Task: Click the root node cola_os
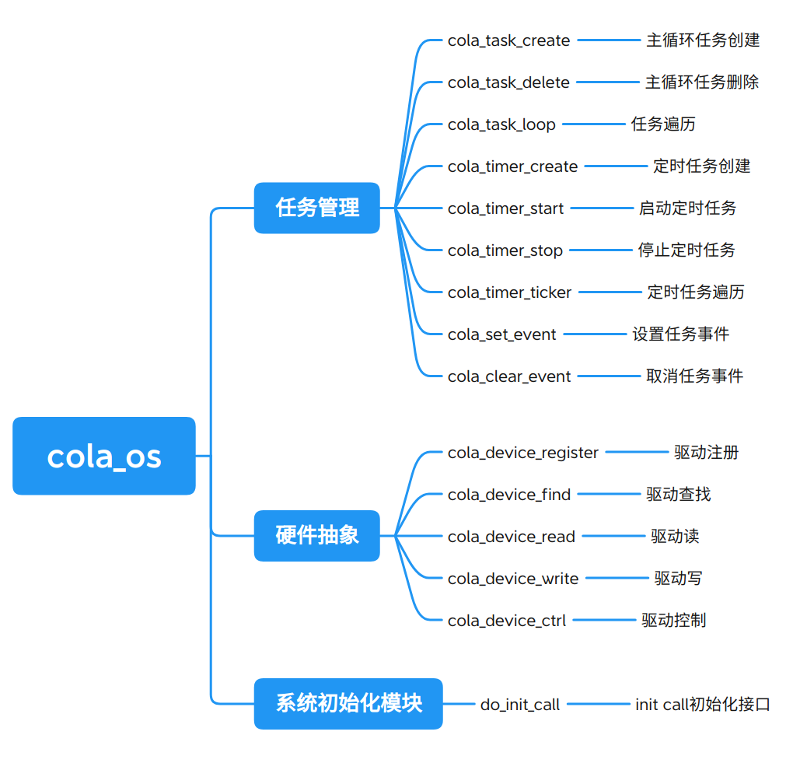pyautogui.click(x=104, y=456)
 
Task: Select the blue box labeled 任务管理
pyautogui.click(x=316, y=208)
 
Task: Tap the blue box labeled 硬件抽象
pyautogui.click(x=316, y=536)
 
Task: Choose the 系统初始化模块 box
pyautogui.click(x=348, y=704)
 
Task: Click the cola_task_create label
pyautogui.click(x=508, y=40)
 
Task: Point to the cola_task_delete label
pyautogui.click(x=508, y=82)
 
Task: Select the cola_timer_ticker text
pyautogui.click(x=509, y=292)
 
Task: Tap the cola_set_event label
pyautogui.click(x=501, y=334)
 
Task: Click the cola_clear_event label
pyautogui.click(x=509, y=376)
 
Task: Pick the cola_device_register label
pyautogui.click(x=523, y=453)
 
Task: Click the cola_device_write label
pyautogui.click(x=513, y=579)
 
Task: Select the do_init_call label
pyautogui.click(x=519, y=705)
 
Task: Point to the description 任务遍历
pyautogui.click(x=663, y=124)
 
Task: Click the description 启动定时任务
pyautogui.click(x=687, y=208)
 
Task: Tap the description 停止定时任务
pyautogui.click(x=686, y=250)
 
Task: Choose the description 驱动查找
pyautogui.click(x=678, y=494)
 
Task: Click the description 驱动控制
pyautogui.click(x=673, y=620)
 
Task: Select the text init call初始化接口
pyautogui.click(x=702, y=705)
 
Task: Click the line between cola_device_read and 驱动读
pyautogui.click(x=613, y=536)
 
